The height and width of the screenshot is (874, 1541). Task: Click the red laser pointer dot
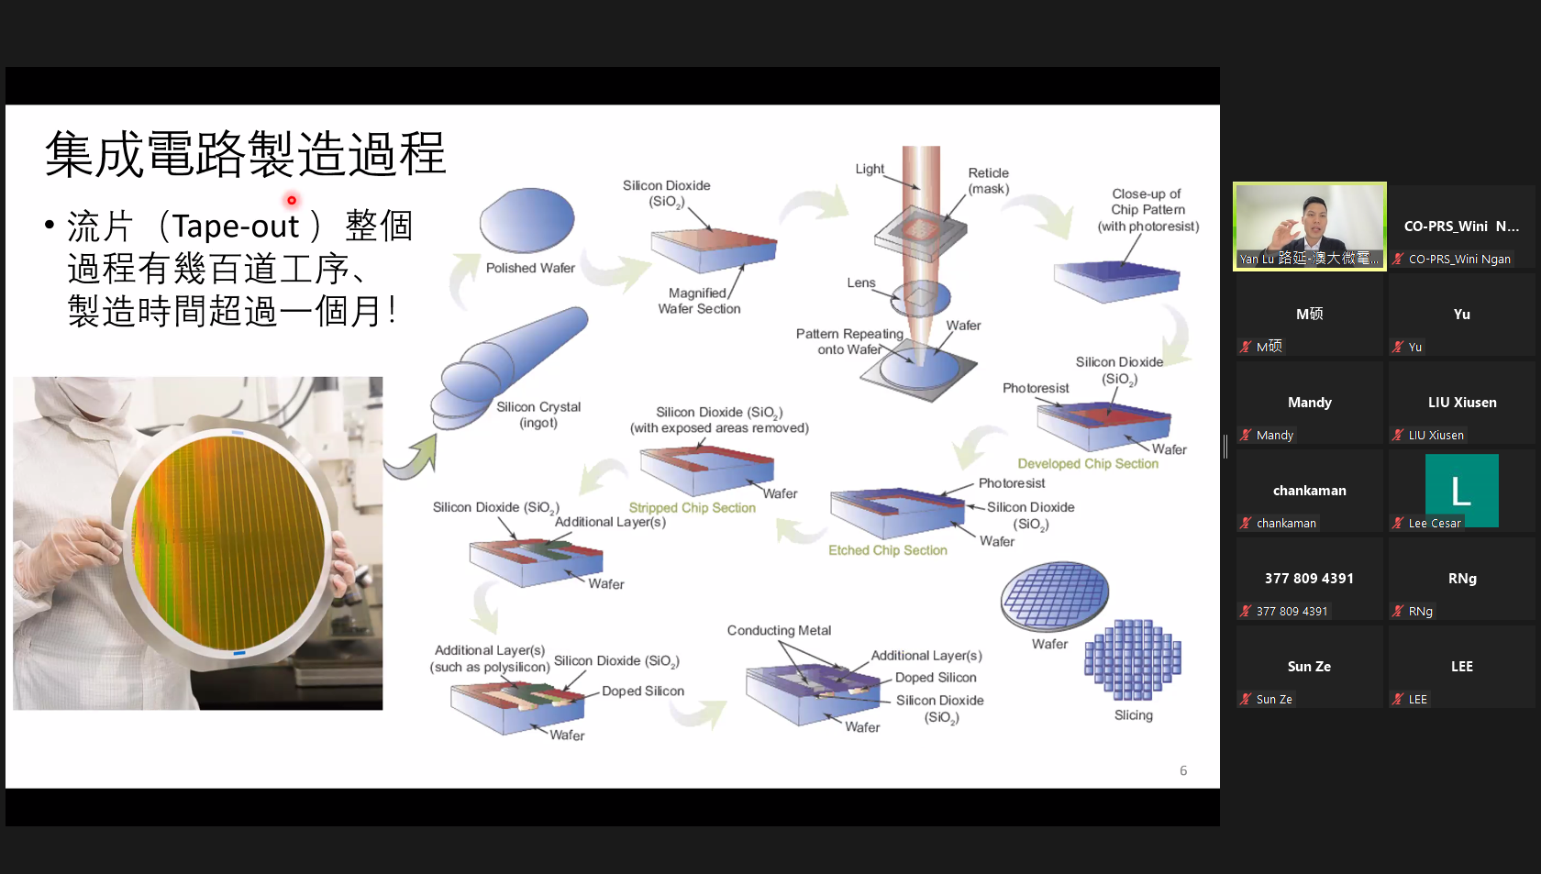(292, 200)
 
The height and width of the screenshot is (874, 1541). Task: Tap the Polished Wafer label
(530, 268)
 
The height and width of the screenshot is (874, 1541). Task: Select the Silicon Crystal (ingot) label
(538, 415)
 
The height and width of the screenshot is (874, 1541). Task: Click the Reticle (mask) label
(989, 181)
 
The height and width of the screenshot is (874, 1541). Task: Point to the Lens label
(861, 282)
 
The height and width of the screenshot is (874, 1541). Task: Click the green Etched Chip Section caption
(888, 550)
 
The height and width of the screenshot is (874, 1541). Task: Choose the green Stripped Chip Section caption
(692, 507)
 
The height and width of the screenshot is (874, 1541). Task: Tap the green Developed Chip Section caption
(1088, 463)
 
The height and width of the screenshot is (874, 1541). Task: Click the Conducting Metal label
(779, 631)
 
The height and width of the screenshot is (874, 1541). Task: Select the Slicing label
(1133, 715)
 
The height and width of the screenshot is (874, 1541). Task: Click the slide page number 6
(1183, 770)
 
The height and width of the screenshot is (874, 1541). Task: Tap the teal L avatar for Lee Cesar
(1462, 491)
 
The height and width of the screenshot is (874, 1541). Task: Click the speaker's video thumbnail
(1309, 227)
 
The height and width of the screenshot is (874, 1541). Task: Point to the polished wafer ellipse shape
(527, 220)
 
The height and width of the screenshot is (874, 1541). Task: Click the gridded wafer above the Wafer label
(1055, 596)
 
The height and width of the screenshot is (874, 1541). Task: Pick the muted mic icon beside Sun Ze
(1246, 699)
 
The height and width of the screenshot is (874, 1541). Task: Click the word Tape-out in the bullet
(235, 226)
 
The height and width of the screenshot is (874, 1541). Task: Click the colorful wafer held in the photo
(228, 542)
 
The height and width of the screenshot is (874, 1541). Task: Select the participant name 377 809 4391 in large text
(1309, 579)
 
